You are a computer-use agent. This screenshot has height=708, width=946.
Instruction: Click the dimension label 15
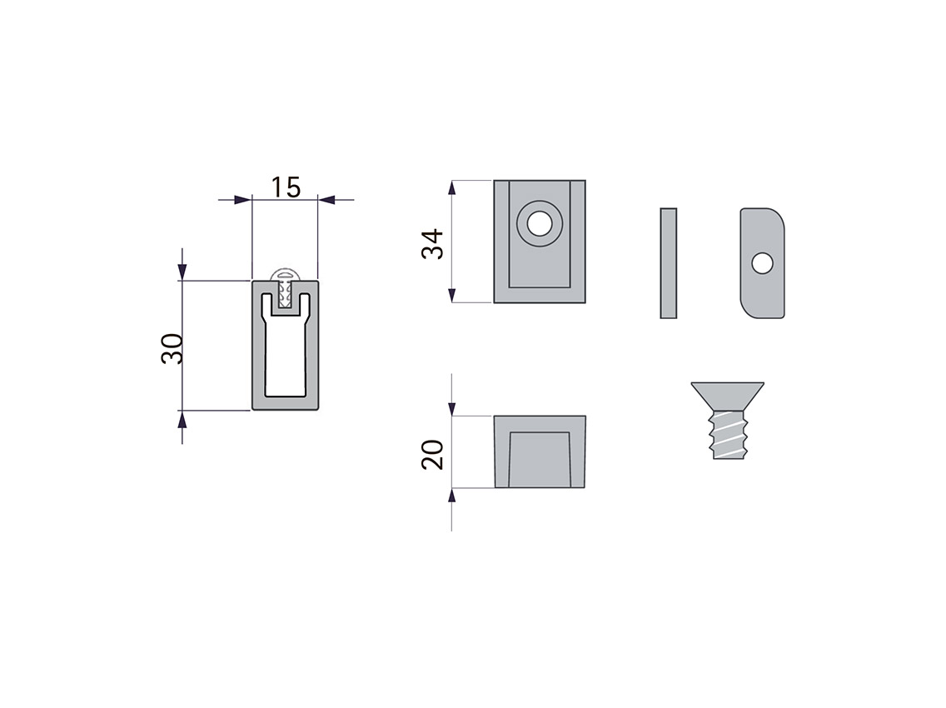click(x=286, y=187)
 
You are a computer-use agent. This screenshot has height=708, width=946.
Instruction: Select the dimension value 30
click(x=172, y=348)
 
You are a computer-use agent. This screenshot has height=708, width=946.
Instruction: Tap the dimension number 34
click(x=432, y=244)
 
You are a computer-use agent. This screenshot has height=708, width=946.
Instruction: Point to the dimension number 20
click(x=432, y=455)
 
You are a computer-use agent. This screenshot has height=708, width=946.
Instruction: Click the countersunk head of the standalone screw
click(x=728, y=396)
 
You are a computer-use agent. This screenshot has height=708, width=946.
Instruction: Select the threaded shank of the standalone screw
click(x=729, y=435)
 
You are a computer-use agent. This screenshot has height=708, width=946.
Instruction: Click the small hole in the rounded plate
click(x=763, y=264)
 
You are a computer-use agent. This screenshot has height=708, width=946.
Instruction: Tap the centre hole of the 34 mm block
click(x=540, y=224)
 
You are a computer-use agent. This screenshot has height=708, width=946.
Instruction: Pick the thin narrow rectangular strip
click(x=669, y=263)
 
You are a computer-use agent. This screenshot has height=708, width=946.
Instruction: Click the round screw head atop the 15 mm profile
click(x=286, y=275)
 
